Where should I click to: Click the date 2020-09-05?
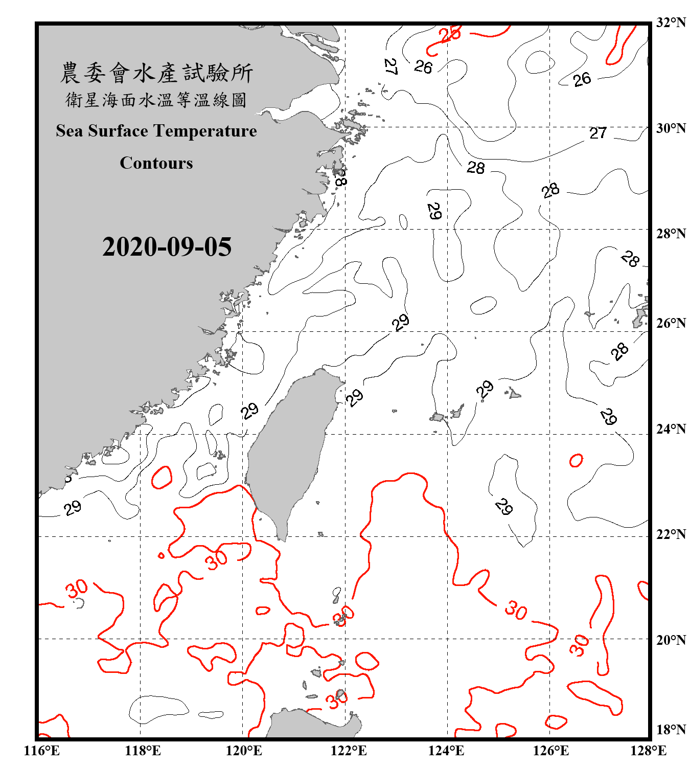click(x=167, y=247)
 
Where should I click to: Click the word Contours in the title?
click(x=156, y=163)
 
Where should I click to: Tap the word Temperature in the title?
click(x=204, y=131)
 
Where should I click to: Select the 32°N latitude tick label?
click(x=671, y=22)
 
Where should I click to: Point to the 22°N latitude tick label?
click(x=671, y=535)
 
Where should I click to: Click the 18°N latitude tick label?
click(x=671, y=730)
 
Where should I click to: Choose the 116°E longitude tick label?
click(x=41, y=751)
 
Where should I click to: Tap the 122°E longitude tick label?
click(x=349, y=751)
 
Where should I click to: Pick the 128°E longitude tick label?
click(x=648, y=751)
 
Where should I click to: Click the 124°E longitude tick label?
click(x=446, y=751)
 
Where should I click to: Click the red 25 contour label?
click(x=450, y=34)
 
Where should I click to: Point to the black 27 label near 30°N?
click(x=597, y=133)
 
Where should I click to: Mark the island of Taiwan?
click(x=289, y=450)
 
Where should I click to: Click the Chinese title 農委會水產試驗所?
click(x=156, y=73)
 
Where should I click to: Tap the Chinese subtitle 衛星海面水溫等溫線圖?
click(x=156, y=100)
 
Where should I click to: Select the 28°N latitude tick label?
click(x=671, y=234)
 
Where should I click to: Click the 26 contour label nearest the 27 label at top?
click(x=423, y=66)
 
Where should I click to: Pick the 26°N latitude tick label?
click(x=671, y=324)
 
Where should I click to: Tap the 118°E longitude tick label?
click(x=143, y=751)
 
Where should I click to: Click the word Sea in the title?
click(x=70, y=131)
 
